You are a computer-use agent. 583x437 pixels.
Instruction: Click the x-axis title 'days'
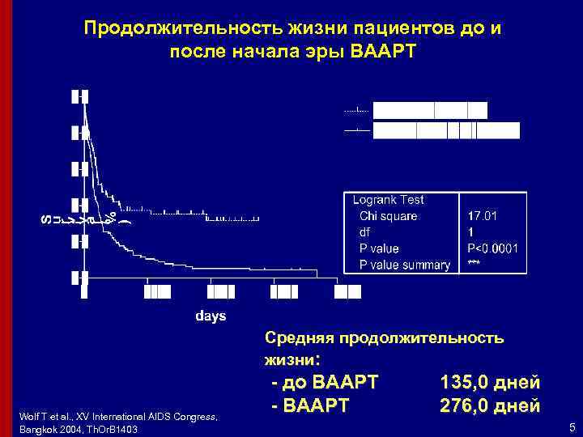pos(211,315)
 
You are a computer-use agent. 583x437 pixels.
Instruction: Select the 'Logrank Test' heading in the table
pos(389,200)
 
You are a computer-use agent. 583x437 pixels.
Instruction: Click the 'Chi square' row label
pos(389,216)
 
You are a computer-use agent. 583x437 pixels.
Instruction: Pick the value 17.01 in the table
pos(483,216)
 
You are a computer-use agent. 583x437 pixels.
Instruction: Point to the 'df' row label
pos(364,232)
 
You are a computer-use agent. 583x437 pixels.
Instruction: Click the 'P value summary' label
pos(404,265)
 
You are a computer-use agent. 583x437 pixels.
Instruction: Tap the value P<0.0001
pos(492,248)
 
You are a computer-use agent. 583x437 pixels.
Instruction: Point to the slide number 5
pos(572,427)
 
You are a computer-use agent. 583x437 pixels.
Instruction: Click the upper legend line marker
pos(356,109)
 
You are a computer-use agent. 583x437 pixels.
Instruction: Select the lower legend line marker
pos(356,129)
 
